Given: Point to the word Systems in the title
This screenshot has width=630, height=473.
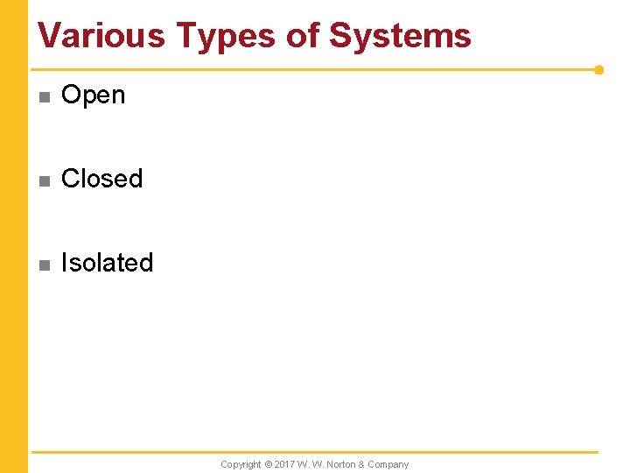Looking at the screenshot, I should tap(400, 36).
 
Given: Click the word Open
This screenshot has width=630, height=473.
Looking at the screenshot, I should tap(94, 95).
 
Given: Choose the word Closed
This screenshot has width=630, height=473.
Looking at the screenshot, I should tap(101, 179).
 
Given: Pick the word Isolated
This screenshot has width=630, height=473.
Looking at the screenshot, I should tap(107, 263).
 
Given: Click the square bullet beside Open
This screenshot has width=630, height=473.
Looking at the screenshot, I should tap(44, 96).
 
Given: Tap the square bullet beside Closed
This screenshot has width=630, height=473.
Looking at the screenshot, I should tap(44, 180).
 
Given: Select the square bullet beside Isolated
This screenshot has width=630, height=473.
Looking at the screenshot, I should tap(44, 265).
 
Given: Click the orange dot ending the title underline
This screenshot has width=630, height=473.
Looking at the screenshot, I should tap(598, 69).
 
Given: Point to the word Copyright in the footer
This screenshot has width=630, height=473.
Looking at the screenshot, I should tap(241, 464).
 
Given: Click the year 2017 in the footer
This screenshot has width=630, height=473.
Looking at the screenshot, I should tap(284, 464).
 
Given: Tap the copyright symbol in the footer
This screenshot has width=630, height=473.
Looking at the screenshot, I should tap(268, 464).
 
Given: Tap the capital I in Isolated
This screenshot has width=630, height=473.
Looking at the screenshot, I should tap(64, 263).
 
